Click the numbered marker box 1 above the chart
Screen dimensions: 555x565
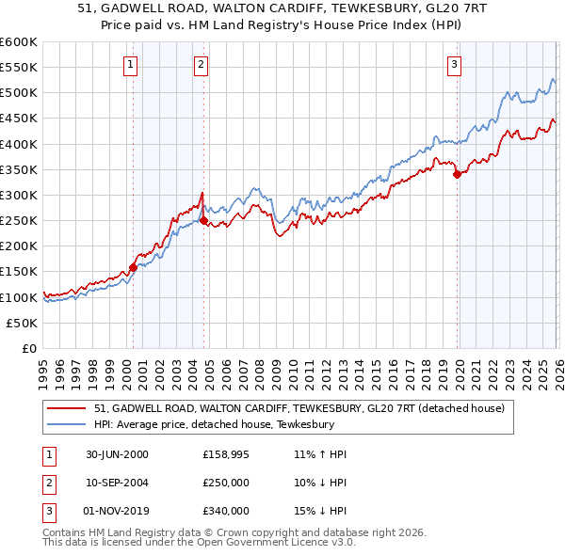(x=129, y=64)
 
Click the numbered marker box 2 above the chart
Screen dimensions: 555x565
(x=202, y=64)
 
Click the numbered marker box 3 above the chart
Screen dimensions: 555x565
(x=454, y=64)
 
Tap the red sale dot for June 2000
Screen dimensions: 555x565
(x=133, y=267)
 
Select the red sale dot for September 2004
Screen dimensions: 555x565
(x=203, y=221)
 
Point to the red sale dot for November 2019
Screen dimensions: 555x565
(x=457, y=174)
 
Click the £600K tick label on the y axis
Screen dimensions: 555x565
(x=19, y=42)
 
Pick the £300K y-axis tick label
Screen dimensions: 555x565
(x=19, y=195)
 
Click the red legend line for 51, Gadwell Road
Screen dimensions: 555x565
(x=69, y=408)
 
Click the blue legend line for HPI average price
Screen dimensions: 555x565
(x=69, y=424)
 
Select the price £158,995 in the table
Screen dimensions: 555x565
(x=225, y=454)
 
